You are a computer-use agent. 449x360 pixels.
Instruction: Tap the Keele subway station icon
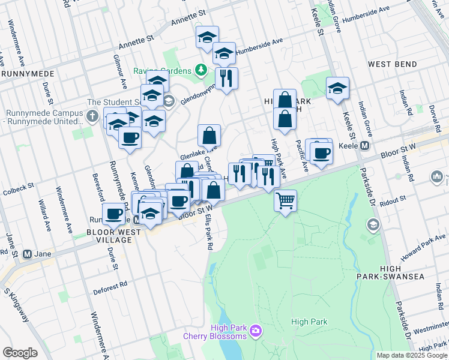pyautogui.click(x=364, y=145)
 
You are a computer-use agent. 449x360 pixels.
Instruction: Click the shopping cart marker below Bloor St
pyautogui.click(x=286, y=200)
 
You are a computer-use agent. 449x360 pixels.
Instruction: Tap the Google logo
pyautogui.click(x=20, y=352)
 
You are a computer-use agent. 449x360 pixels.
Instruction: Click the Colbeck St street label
pyautogui.click(x=16, y=192)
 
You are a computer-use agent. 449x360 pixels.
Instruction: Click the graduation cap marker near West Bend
pyautogui.click(x=338, y=89)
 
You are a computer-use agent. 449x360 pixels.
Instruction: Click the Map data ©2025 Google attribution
pyautogui.click(x=411, y=355)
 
